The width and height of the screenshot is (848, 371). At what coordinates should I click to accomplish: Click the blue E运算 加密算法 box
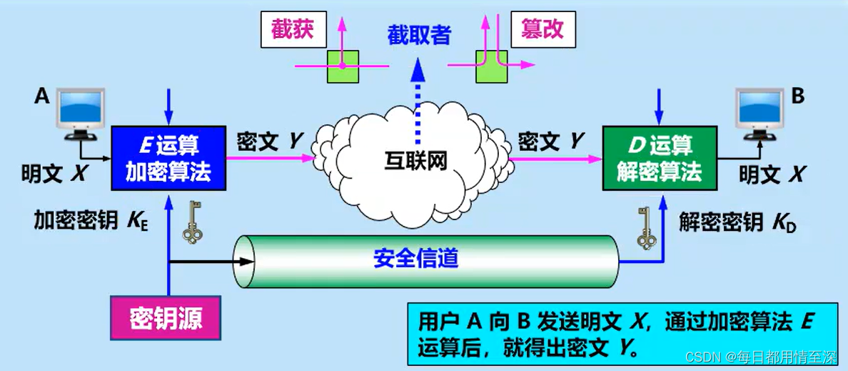click(168, 158)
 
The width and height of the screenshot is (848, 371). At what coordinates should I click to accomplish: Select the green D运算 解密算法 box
click(659, 158)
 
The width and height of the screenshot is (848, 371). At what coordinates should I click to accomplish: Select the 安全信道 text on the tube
click(415, 257)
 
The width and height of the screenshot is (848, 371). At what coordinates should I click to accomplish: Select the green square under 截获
click(343, 66)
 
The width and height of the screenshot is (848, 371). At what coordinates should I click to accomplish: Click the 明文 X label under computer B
click(771, 173)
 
